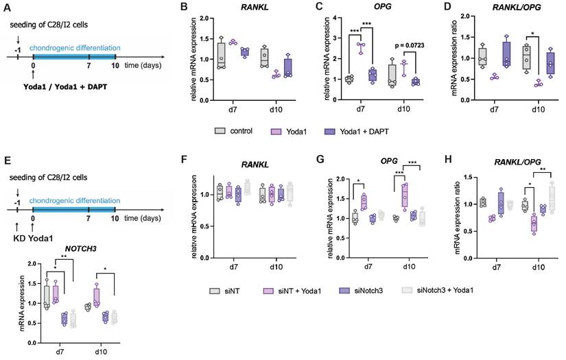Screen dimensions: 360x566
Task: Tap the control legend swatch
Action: [220, 130]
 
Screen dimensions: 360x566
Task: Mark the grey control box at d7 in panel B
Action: [221, 56]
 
